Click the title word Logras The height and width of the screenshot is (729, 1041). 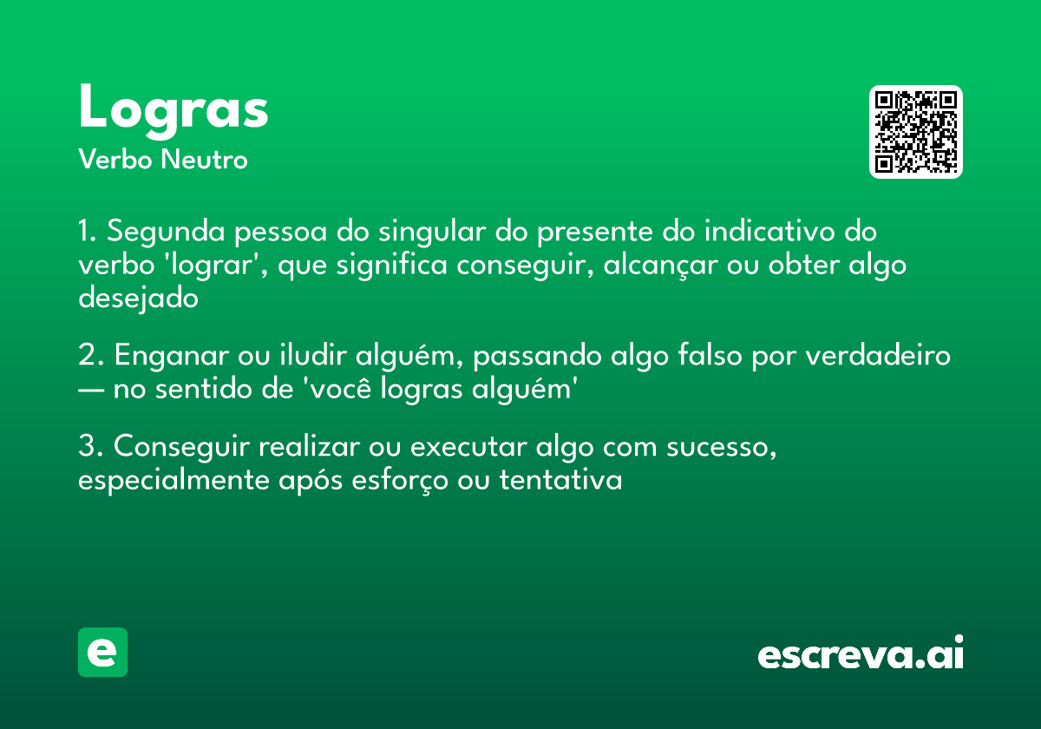pyautogui.click(x=173, y=108)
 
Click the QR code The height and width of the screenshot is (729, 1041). pyautogui.click(x=916, y=132)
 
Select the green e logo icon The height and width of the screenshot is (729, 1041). pyautogui.click(x=102, y=652)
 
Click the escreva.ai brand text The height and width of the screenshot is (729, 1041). pyautogui.click(x=861, y=654)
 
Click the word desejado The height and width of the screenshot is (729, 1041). pyautogui.click(x=139, y=298)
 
